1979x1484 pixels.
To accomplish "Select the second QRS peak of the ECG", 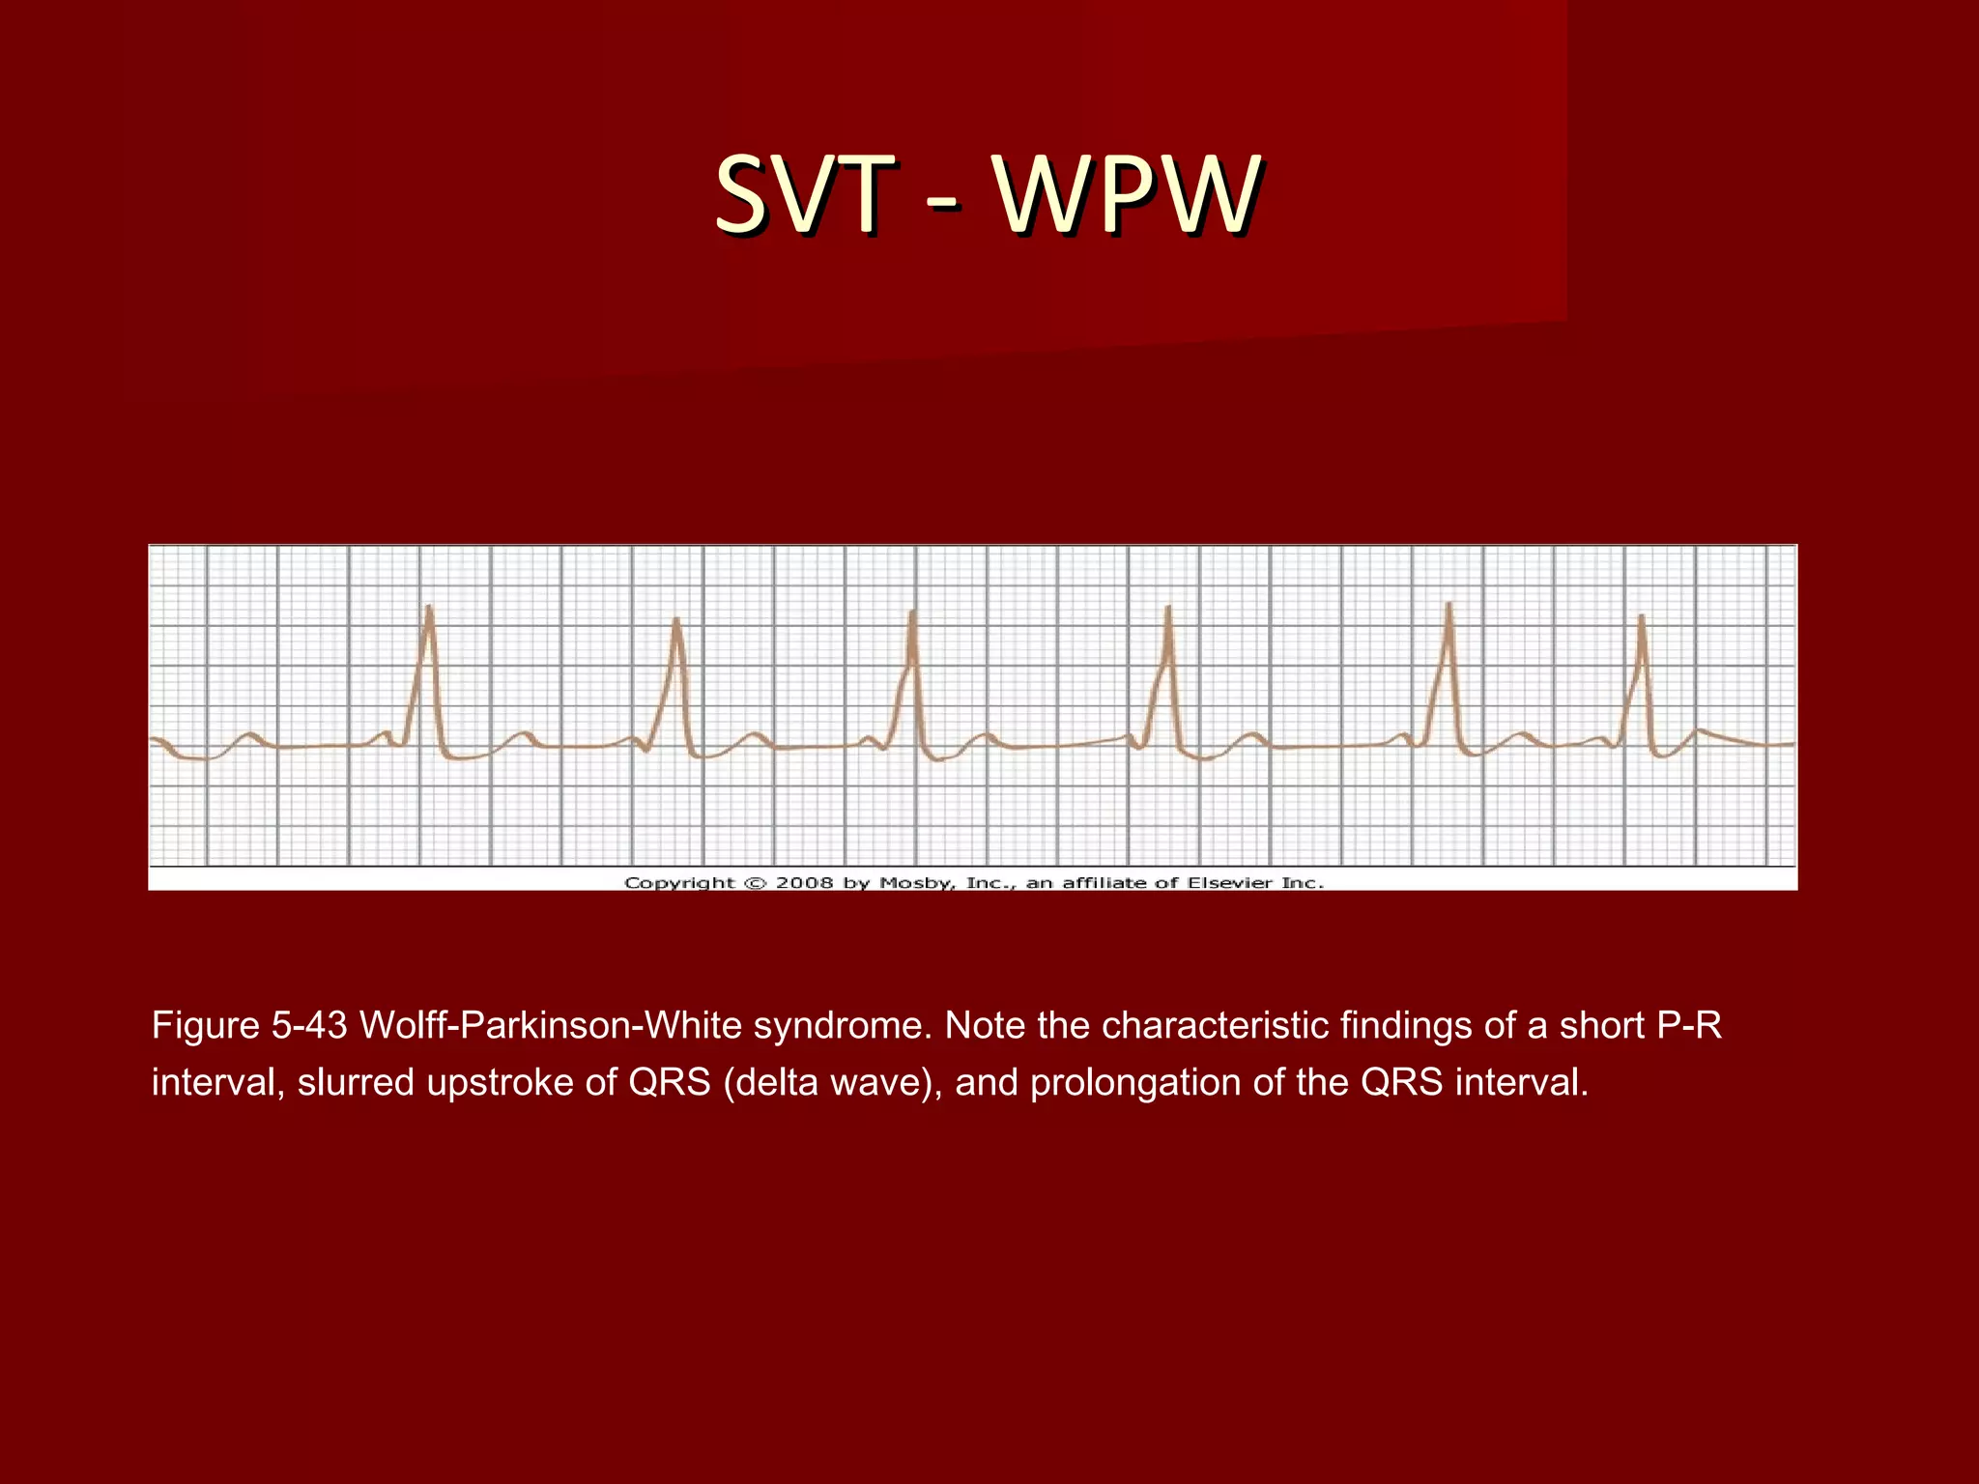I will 676,620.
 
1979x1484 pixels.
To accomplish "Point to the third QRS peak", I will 912,614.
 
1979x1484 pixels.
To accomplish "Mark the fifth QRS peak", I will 1448,606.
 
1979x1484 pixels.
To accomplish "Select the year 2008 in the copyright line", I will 804,882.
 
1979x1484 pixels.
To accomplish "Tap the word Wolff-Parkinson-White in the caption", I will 551,1025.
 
